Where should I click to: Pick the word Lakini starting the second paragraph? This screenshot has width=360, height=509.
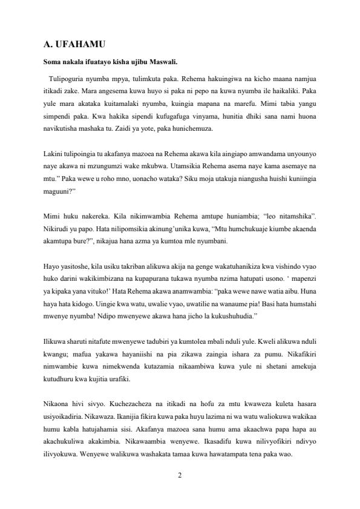pos(55,154)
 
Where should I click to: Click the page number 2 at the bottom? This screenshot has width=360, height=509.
pos(180,475)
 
